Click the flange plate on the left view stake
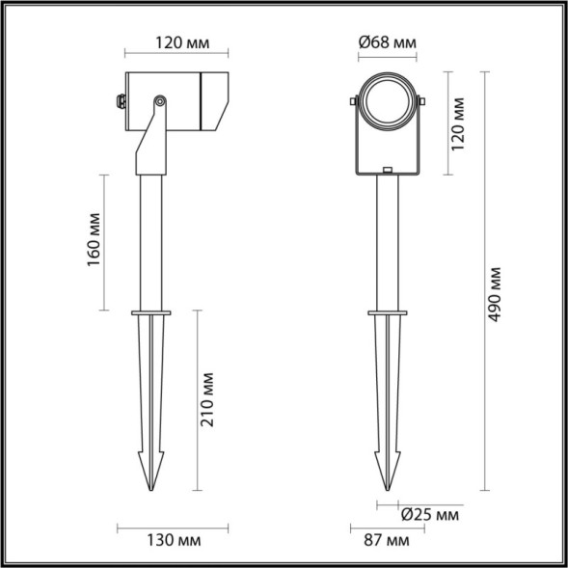[x=151, y=311]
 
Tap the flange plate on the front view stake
[x=387, y=311]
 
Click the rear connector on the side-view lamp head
[x=120, y=99]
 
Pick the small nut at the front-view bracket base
[x=387, y=172]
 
